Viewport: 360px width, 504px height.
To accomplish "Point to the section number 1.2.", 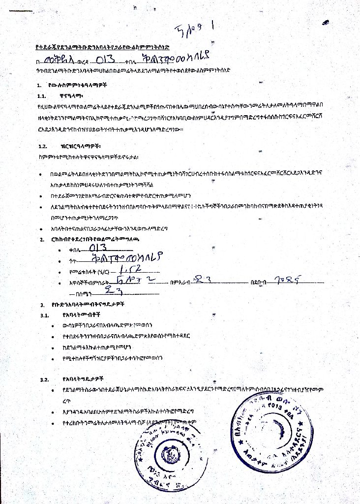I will tap(42, 146).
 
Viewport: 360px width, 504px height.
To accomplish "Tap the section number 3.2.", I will tap(44, 379).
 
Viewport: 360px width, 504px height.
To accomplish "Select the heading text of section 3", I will tap(89, 304).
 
